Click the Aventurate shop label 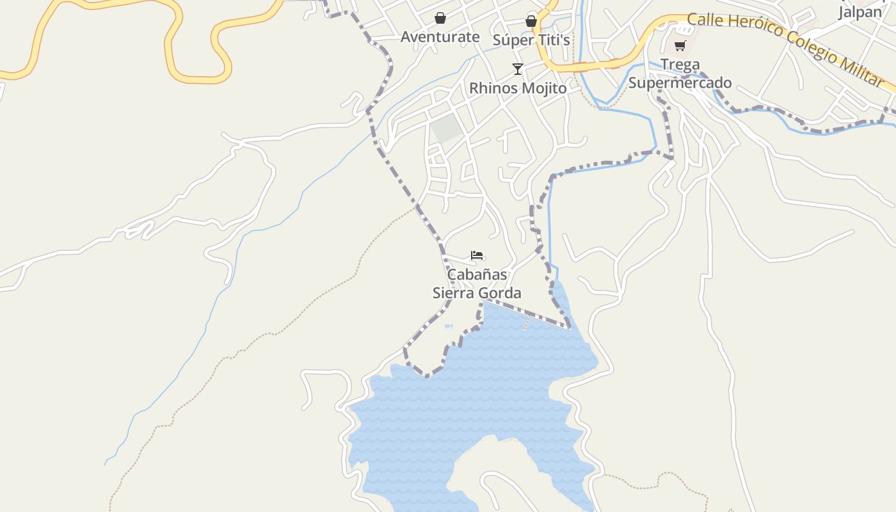click(x=440, y=37)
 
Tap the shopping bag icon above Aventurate click(x=440, y=18)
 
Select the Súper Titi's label click(x=531, y=40)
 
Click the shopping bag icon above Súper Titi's click(x=531, y=21)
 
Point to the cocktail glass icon click(x=517, y=69)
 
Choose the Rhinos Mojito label click(x=518, y=88)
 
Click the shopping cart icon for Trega click(x=680, y=46)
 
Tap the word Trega click(x=680, y=65)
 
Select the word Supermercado click(x=680, y=83)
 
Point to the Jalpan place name click(x=860, y=12)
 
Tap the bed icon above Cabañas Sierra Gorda click(x=477, y=255)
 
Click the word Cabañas click(x=477, y=275)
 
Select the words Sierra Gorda click(x=477, y=293)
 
